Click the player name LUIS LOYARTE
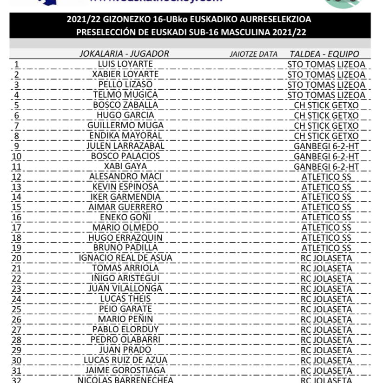125,64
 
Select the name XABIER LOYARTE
125,74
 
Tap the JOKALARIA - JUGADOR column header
124,53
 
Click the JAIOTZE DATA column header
253,54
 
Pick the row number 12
16,177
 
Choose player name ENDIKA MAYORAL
125,136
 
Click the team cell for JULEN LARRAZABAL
326,146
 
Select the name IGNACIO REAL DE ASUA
125,258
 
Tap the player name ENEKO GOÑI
125,217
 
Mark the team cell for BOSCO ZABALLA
326,105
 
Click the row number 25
16,309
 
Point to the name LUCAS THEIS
125,299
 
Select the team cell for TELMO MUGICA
326,95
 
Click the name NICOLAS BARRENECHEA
125,380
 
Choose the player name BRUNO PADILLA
125,248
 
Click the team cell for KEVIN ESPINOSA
326,187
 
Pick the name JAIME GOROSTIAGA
125,370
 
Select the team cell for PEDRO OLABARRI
326,339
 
